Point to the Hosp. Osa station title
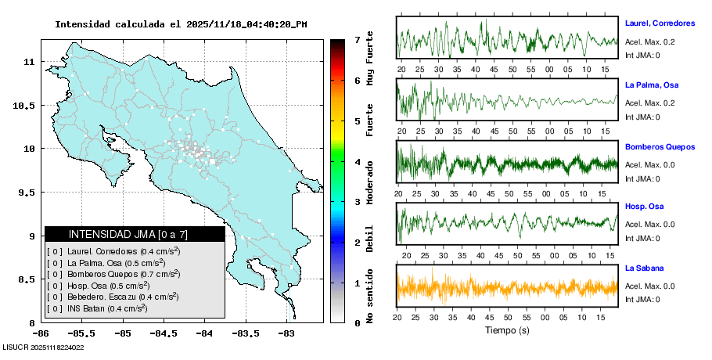[645, 207]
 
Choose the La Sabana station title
[644, 268]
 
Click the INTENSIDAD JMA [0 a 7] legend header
[135, 234]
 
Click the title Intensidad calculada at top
[181, 24]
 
